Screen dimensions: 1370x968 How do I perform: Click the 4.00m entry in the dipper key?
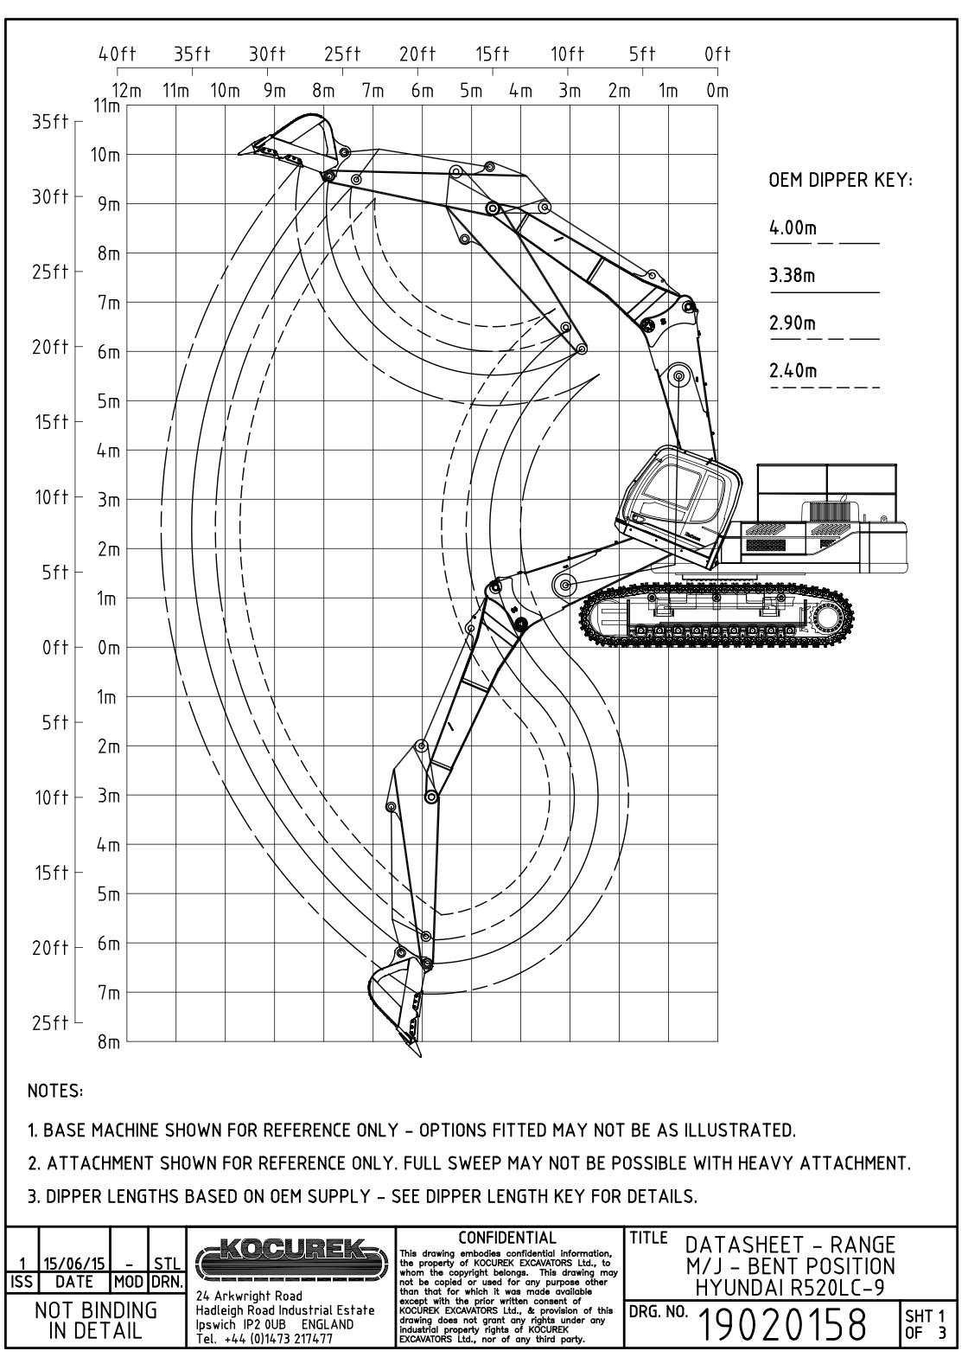point(793,229)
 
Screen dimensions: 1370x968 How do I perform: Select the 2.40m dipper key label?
point(793,372)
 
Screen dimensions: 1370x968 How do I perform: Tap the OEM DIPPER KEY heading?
point(840,182)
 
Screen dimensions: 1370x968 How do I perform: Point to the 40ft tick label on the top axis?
point(118,54)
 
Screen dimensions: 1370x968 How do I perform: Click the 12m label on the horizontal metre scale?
point(127,90)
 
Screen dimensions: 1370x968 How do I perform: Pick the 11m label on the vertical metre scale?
point(107,106)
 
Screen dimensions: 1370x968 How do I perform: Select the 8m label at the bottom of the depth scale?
point(108,1042)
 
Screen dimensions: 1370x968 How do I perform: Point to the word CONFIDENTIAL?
point(507,1238)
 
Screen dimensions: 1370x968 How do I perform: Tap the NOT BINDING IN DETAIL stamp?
point(95,1320)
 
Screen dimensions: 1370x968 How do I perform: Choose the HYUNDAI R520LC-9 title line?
point(790,1288)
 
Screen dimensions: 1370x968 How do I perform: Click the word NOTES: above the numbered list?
point(55,1092)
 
